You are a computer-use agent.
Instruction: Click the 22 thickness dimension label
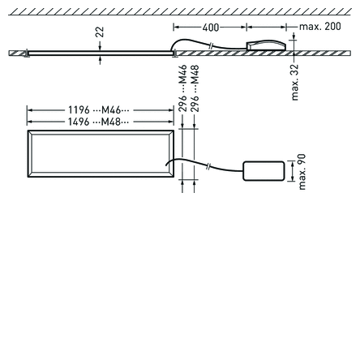[x=100, y=32]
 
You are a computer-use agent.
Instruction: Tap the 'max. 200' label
[x=320, y=27]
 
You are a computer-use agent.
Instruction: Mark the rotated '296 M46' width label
[x=182, y=88]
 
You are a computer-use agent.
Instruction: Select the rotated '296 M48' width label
[x=194, y=88]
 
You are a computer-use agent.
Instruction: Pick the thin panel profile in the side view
[x=97, y=53]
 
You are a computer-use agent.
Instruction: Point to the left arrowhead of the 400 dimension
[x=176, y=27]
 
